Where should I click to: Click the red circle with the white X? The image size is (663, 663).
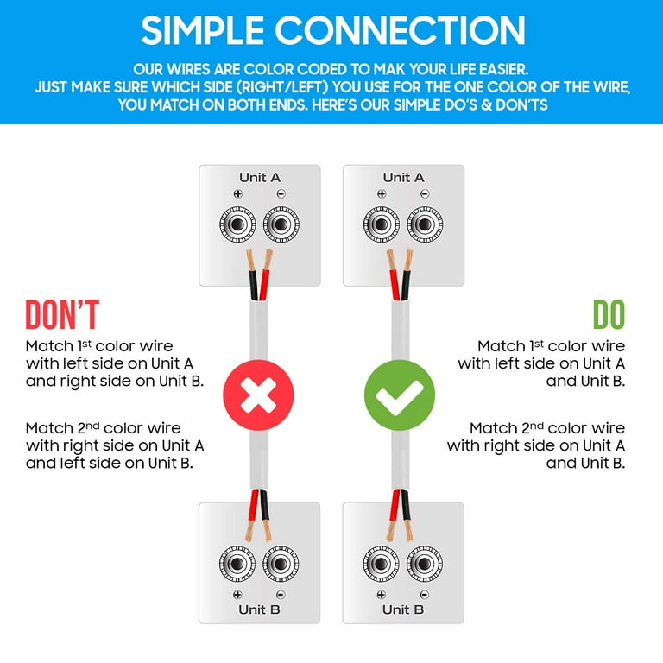[258, 395]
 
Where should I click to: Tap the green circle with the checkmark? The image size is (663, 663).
[400, 395]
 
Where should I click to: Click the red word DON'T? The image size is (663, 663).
[62, 314]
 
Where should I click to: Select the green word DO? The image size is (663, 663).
[609, 314]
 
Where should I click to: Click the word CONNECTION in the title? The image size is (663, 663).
[400, 30]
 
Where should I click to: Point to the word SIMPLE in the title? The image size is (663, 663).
[203, 30]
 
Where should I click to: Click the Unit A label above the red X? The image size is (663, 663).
[260, 178]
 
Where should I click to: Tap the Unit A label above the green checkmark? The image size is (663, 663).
[403, 178]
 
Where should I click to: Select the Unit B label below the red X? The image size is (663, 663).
[259, 609]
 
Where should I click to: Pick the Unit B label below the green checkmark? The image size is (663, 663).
[403, 609]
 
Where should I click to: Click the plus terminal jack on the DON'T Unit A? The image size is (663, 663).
[237, 224]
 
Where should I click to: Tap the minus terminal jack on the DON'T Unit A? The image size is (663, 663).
[281, 224]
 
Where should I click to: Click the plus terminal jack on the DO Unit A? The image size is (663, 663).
[382, 224]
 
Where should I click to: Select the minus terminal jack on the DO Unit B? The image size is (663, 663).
[425, 564]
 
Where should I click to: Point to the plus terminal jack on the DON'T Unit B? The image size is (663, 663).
[237, 564]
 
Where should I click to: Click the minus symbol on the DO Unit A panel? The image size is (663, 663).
[425, 193]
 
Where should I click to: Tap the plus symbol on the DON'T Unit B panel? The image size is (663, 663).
[237, 595]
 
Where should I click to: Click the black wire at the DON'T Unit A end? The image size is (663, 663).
[253, 285]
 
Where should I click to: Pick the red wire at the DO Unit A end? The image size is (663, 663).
[395, 285]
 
